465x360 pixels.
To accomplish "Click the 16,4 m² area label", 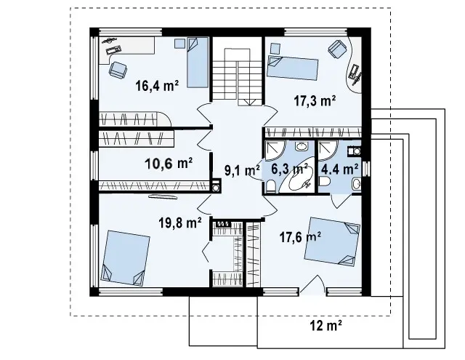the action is tap(157, 86).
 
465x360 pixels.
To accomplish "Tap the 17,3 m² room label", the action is tap(315, 100).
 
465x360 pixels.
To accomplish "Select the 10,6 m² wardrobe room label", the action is tap(169, 164).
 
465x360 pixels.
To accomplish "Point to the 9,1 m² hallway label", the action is tap(242, 170).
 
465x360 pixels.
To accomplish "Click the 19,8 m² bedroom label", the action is tap(180, 223).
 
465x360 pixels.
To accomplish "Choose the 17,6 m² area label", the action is tap(300, 237).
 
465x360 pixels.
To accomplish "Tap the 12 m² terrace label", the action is tap(326, 326).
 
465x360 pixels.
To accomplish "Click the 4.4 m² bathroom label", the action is tap(339, 169).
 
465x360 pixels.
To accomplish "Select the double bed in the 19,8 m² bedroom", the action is tap(125, 258).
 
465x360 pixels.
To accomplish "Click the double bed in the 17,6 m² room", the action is tap(333, 241).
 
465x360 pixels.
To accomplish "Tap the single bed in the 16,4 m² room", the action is tap(198, 63).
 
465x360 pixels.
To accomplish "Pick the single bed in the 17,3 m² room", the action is tap(292, 68).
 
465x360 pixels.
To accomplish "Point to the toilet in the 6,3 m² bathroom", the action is tap(270, 186).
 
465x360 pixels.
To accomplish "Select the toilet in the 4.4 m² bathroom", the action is tap(325, 181).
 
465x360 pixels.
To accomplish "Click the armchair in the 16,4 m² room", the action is tap(118, 70).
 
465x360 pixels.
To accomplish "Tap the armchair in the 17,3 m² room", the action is tap(337, 49).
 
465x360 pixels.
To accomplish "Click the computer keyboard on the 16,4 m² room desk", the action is tap(113, 49).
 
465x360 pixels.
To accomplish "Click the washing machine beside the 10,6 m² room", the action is tap(216, 185).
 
